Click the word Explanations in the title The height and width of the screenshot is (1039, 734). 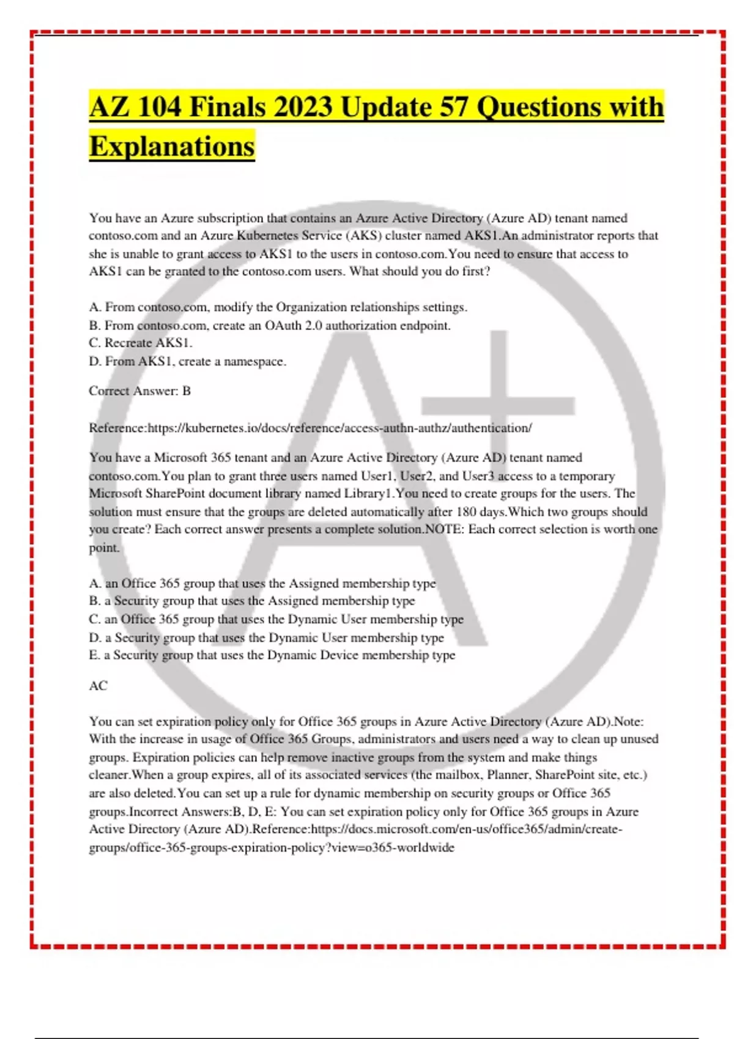coord(172,147)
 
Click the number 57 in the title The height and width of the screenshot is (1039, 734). coord(454,108)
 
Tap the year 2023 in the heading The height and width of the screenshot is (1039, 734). coord(302,108)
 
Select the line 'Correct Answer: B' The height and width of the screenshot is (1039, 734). coord(140,391)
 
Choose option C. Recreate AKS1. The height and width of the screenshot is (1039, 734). coord(141,343)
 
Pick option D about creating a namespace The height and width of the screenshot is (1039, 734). coord(187,361)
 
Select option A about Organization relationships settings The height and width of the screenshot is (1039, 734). coord(278,307)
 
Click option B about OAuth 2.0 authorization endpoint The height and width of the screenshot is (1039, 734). coord(270,325)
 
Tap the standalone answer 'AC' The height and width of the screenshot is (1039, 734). coord(98,686)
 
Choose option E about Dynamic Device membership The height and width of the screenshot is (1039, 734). coord(272,655)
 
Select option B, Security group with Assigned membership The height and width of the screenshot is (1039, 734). coord(252,601)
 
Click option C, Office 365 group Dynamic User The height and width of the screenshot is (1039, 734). coord(276,619)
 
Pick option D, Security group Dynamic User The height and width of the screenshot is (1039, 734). coord(267,637)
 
